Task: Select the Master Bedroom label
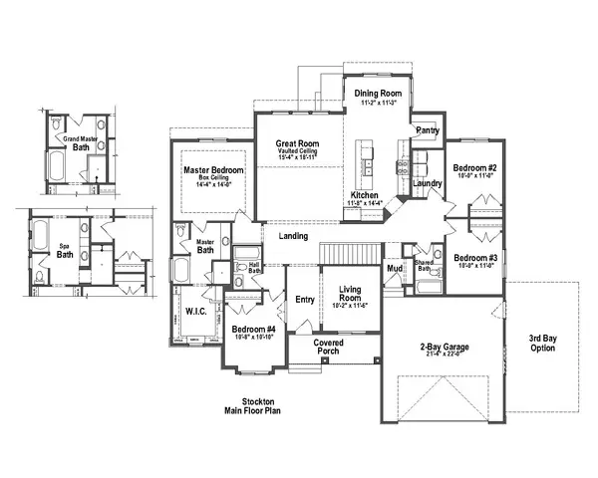point(214,170)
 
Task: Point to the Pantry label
point(428,130)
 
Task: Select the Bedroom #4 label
point(253,329)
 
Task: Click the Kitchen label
point(363,195)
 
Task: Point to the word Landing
point(292,236)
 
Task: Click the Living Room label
point(349,290)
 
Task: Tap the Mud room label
point(396,269)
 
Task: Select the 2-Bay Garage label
point(444,349)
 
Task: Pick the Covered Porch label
point(329,346)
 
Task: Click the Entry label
point(304,298)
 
